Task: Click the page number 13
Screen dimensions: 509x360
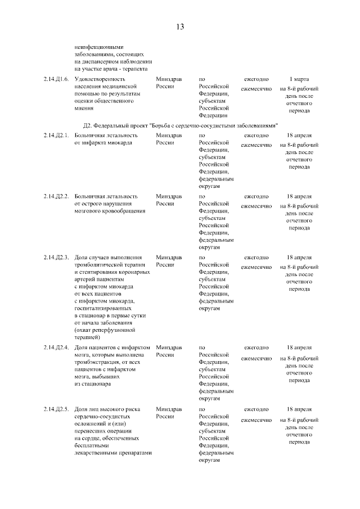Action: click(180, 26)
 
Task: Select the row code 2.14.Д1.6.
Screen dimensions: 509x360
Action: click(56, 79)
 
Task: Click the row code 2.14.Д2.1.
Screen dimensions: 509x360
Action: click(56, 136)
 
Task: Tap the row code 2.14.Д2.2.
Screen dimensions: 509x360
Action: click(56, 196)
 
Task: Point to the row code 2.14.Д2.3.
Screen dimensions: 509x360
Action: click(56, 257)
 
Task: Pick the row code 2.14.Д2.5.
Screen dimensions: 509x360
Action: click(56, 408)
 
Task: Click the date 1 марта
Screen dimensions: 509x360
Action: click(299, 79)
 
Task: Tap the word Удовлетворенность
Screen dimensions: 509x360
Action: click(100, 79)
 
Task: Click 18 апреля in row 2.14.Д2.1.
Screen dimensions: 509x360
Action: click(299, 136)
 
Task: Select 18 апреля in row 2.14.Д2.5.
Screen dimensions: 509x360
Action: click(299, 408)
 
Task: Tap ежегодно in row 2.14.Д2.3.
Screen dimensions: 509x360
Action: click(256, 257)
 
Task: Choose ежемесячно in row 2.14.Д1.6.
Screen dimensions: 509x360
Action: click(256, 89)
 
